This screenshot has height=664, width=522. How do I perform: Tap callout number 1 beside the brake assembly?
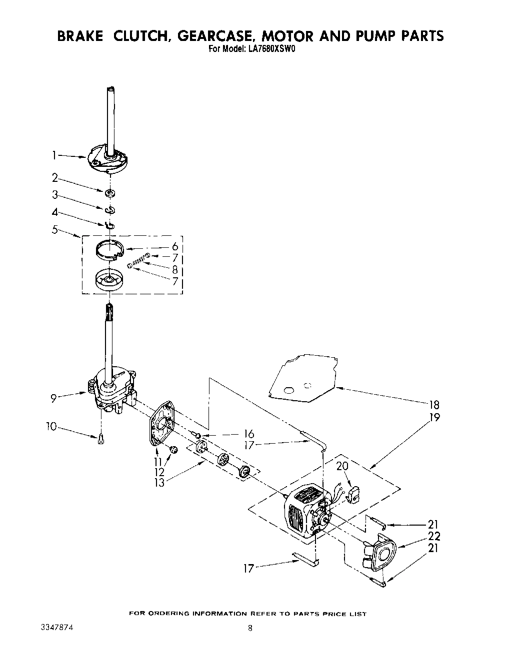pos(53,156)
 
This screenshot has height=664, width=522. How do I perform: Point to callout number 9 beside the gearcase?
pos(52,398)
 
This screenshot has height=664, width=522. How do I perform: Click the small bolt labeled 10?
pos(101,439)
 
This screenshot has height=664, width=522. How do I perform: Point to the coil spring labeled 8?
pos(139,261)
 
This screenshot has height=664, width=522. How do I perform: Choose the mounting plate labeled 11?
pos(161,424)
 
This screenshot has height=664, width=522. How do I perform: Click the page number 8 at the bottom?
pos(250,629)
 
